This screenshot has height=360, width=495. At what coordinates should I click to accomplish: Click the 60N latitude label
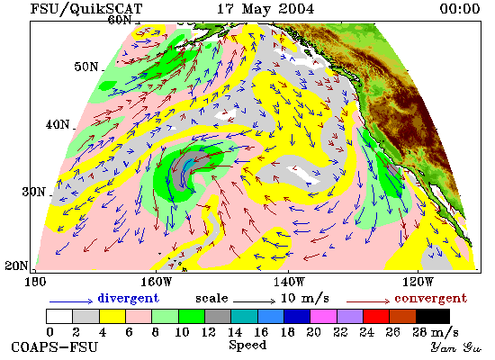[x=120, y=20]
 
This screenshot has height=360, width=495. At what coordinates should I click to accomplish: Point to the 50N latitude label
[x=86, y=67]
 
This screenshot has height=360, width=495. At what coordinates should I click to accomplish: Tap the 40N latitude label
[x=58, y=125]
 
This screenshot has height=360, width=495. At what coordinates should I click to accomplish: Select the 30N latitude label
[x=34, y=192]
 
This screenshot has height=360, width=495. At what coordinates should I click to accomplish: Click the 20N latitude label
[x=17, y=265]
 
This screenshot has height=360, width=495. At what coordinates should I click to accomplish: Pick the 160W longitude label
[x=156, y=282]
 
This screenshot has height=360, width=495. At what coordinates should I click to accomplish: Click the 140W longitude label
[x=289, y=282]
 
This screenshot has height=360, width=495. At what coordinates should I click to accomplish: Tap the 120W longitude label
[x=418, y=282]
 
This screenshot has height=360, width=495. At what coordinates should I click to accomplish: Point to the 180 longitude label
[x=35, y=282]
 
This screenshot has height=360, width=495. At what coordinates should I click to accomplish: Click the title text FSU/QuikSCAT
[x=86, y=9]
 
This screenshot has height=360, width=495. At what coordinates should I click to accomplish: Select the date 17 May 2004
[x=265, y=8]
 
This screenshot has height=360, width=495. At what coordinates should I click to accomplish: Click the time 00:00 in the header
[x=460, y=8]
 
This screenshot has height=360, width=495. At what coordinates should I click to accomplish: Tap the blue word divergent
[x=128, y=298]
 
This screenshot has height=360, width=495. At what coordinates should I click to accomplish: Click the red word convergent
[x=430, y=299]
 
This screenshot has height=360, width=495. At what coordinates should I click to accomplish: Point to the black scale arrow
[x=255, y=301]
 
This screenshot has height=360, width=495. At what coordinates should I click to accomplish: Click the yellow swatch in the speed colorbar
[x=112, y=317]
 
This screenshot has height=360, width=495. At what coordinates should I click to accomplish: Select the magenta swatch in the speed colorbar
[x=324, y=317]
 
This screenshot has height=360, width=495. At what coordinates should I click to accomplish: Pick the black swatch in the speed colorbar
[x=433, y=317]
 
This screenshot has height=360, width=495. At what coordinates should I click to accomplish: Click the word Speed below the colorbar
[x=247, y=346]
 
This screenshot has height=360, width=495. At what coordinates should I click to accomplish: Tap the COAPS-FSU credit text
[x=54, y=347]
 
